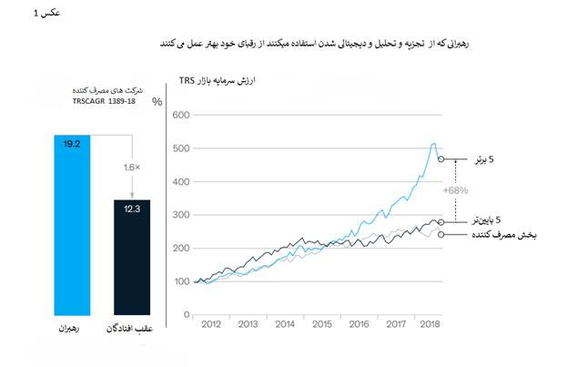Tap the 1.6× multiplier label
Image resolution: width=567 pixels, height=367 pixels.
pyautogui.click(x=133, y=168)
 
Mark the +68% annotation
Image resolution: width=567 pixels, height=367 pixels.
pyautogui.click(x=455, y=191)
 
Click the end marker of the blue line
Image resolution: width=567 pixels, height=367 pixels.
pyautogui.click(x=441, y=158)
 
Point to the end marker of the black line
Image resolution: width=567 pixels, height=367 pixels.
pyautogui.click(x=441, y=221)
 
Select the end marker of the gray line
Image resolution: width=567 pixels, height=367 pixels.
pyautogui.click(x=441, y=234)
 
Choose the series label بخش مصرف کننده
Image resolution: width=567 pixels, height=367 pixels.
pyautogui.click(x=503, y=235)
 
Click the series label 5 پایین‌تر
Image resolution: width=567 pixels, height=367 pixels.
pyautogui.click(x=491, y=220)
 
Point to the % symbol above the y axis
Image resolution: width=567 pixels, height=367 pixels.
pyautogui.click(x=157, y=100)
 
